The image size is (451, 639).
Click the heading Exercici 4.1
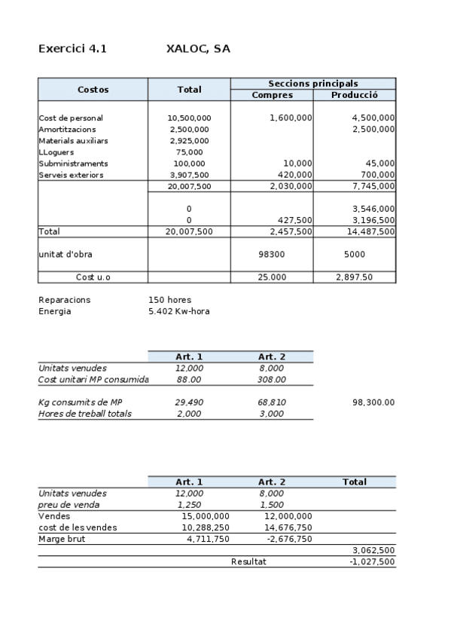tap(72, 49)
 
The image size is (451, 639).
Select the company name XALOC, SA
tap(198, 49)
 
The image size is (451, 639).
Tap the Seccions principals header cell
tap(312, 84)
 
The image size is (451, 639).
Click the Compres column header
tap(272, 95)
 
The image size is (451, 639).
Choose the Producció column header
tap(354, 95)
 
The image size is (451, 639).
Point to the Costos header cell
tap(93, 90)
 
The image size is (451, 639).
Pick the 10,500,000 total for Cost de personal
tap(189, 118)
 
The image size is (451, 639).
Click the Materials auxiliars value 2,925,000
tap(189, 141)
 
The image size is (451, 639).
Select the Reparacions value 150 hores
tap(170, 300)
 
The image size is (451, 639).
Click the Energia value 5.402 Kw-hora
tap(179, 311)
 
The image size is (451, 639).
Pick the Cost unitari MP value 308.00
tap(272, 380)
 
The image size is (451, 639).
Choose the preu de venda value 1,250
tap(189, 505)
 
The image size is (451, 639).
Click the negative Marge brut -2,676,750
tap(291, 539)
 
